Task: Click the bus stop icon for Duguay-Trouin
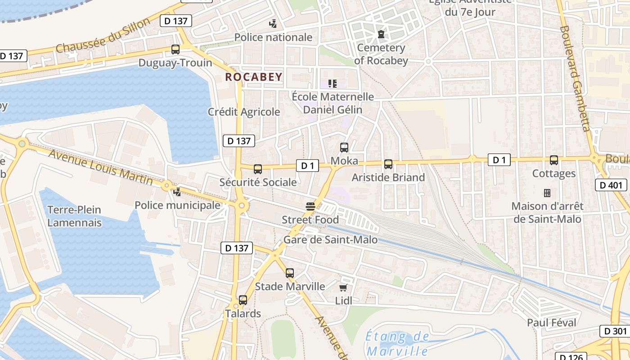point(175,49)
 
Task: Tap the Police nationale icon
point(273,23)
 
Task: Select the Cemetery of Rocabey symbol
point(381,34)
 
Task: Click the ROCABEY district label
point(254,77)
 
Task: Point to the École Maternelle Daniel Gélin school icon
point(333,83)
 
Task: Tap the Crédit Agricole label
point(244,112)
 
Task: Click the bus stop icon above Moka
point(344,148)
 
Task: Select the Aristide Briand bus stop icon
point(388,164)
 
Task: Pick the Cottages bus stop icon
point(554,160)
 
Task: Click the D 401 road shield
point(611,185)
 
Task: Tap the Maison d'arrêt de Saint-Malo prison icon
point(547,193)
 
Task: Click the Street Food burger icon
point(310,207)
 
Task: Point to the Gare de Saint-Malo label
point(330,240)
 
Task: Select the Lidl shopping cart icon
point(343,288)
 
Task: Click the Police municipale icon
point(178,192)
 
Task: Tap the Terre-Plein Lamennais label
point(74,216)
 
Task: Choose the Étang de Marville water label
point(397,343)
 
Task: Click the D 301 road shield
point(615,331)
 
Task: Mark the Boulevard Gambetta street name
point(574,79)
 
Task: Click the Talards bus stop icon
point(243,300)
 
